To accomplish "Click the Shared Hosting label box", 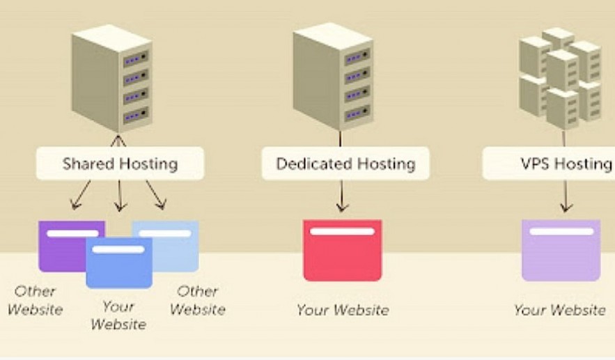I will pyautogui.click(x=120, y=164).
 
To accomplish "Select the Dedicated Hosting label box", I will pyautogui.click(x=345, y=164).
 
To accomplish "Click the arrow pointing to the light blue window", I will pyautogui.click(x=157, y=196).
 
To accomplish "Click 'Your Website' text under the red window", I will pyautogui.click(x=343, y=310).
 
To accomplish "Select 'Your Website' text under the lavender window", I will pyautogui.click(x=560, y=310).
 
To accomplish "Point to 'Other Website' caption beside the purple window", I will pyautogui.click(x=35, y=300).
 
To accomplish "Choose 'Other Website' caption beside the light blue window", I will pyautogui.click(x=197, y=300).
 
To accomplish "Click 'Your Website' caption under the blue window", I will pyautogui.click(x=118, y=315).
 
